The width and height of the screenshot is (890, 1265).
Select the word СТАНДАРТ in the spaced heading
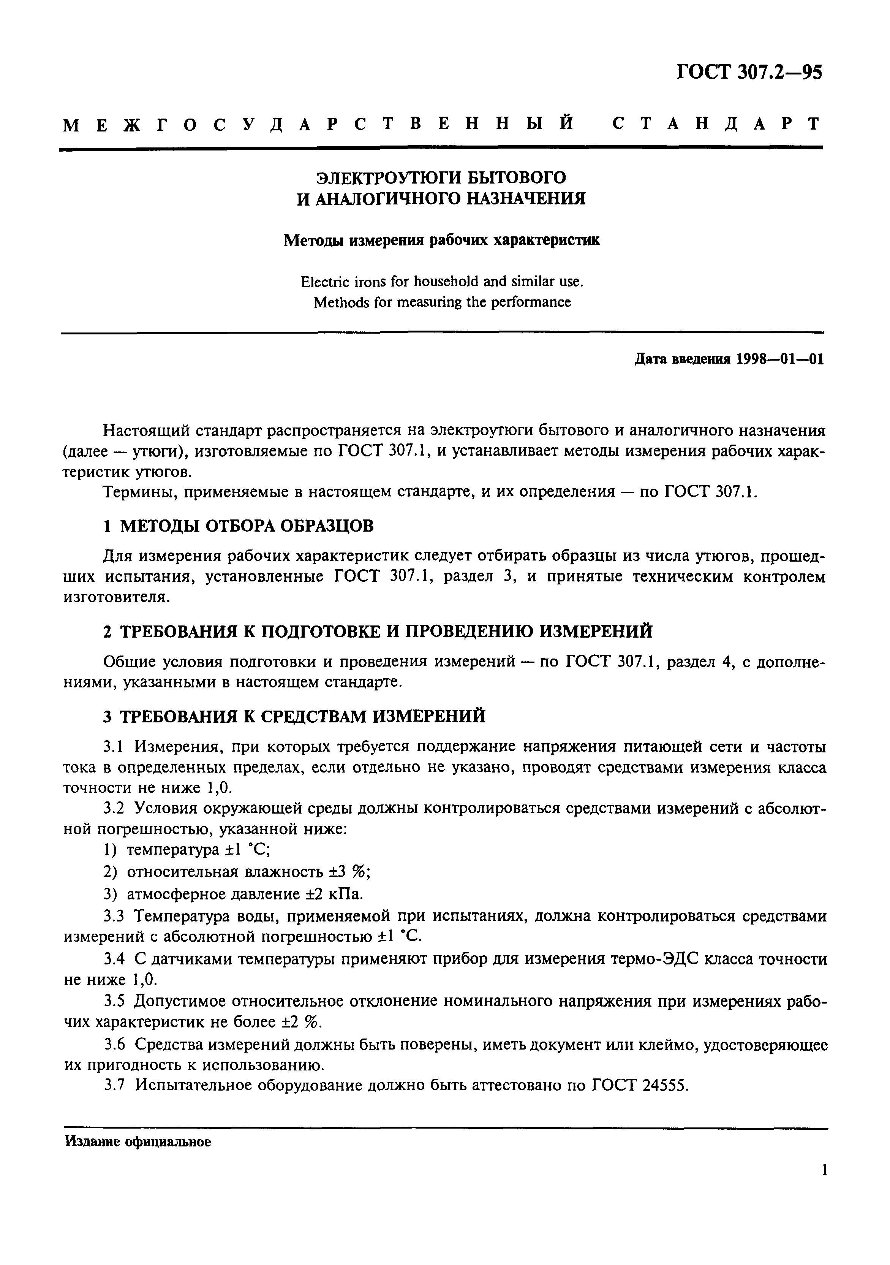716,125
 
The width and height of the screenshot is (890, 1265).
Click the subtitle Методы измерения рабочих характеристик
442,241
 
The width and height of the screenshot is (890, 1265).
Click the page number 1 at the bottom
824,1185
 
